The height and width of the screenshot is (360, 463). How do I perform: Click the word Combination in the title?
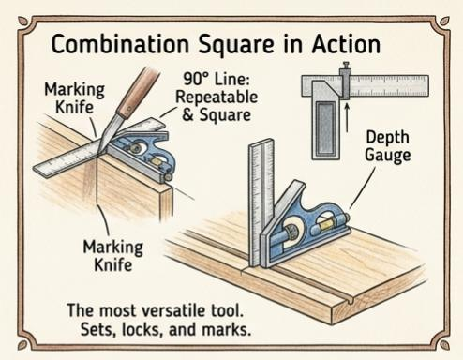pos(112,45)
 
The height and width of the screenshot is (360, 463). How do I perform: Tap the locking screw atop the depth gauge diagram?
pos(345,69)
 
